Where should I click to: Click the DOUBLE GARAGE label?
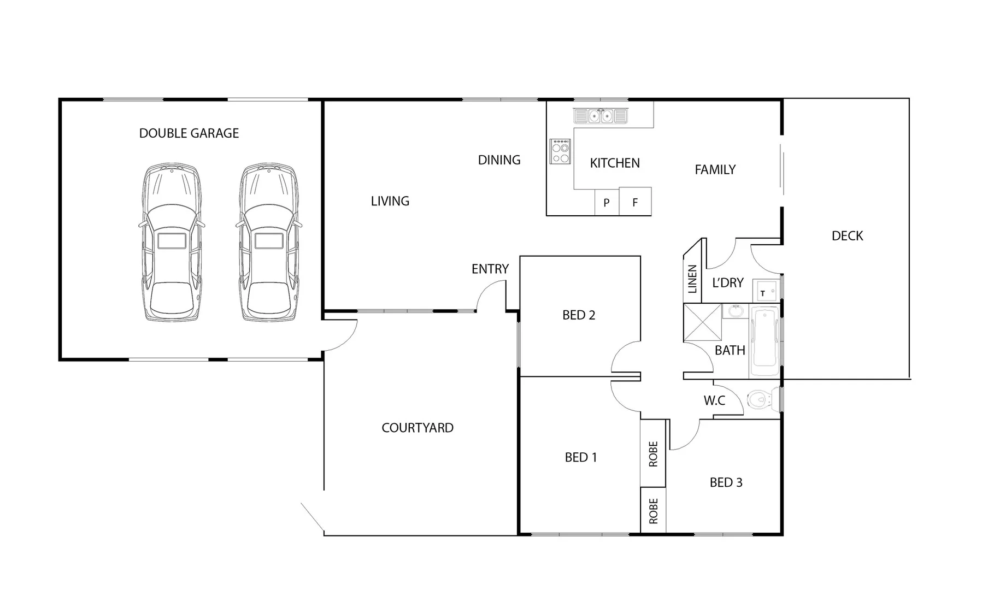[x=189, y=133]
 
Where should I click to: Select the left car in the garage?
[x=172, y=241]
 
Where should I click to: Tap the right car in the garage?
[x=269, y=241]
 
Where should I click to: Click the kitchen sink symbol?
[x=600, y=116]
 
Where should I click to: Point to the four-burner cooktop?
[x=560, y=151]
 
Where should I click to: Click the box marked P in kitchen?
[x=607, y=203]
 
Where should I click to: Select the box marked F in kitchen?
[x=635, y=202]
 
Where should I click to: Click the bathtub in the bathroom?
[x=765, y=342]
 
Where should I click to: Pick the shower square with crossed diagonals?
[x=702, y=322]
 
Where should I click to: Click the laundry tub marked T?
[x=765, y=290]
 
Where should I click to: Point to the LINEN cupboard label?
[x=692, y=279]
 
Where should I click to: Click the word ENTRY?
[x=490, y=269]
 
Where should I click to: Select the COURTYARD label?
[x=418, y=428]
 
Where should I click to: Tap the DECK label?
[x=847, y=236]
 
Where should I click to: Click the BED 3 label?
[x=726, y=482]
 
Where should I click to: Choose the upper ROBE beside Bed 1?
[x=653, y=454]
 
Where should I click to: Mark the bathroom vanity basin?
[x=735, y=312]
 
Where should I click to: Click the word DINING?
[x=499, y=160]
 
